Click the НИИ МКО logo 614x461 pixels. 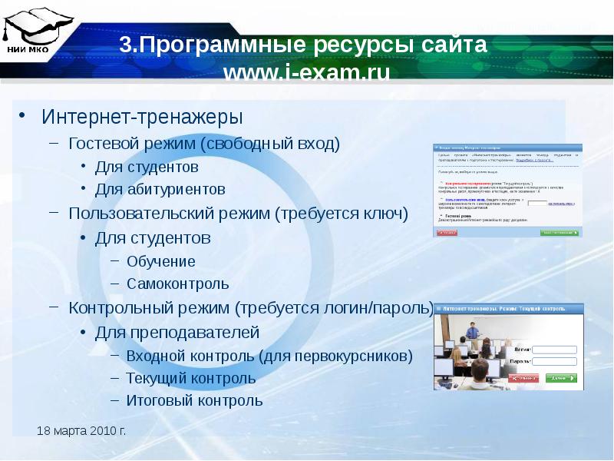(x=28, y=31)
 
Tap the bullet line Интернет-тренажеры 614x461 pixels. (x=141, y=118)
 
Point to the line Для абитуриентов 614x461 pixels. (x=160, y=189)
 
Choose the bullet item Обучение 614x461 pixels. (x=161, y=261)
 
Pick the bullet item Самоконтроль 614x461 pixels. (x=178, y=284)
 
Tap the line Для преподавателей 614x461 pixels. (x=177, y=332)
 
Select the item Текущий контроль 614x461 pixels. (x=191, y=378)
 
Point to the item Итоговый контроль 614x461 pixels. (x=194, y=400)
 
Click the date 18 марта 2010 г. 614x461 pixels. (x=81, y=430)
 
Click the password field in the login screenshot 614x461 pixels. (x=554, y=361)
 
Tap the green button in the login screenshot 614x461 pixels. (x=561, y=378)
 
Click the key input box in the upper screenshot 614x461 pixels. (x=538, y=204)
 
